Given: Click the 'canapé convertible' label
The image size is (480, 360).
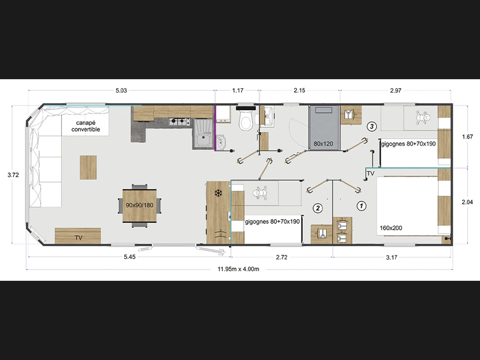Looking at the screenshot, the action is click(x=86, y=126).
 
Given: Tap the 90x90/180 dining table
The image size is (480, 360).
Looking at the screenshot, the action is click(x=140, y=205).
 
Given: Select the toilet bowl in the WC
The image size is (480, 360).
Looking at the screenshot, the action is click(x=246, y=120).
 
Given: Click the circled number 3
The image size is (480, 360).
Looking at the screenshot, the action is click(x=372, y=126).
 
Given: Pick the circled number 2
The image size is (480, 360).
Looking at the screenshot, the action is click(x=318, y=208).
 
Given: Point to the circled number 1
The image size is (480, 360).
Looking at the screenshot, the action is click(x=361, y=206).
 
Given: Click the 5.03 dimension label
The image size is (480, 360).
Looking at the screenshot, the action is click(x=121, y=90).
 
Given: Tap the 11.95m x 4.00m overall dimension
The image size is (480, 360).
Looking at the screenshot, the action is click(x=238, y=269).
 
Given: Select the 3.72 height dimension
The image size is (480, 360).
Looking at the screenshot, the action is click(x=13, y=175).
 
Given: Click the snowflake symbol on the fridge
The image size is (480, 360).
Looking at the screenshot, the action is click(x=218, y=193).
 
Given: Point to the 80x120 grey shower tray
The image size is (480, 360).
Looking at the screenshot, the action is click(x=324, y=128).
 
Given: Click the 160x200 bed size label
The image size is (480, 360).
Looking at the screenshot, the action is click(x=391, y=228).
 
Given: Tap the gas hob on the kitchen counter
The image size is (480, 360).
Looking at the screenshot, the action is click(x=180, y=121).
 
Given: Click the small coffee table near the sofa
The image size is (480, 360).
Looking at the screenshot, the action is click(x=88, y=167).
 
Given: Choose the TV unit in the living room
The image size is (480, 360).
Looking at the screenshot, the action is click(x=78, y=236).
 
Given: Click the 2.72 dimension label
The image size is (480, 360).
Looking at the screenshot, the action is click(x=282, y=257).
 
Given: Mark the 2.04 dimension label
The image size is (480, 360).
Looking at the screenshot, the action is click(x=467, y=202).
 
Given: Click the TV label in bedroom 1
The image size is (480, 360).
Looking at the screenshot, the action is click(x=370, y=173).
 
